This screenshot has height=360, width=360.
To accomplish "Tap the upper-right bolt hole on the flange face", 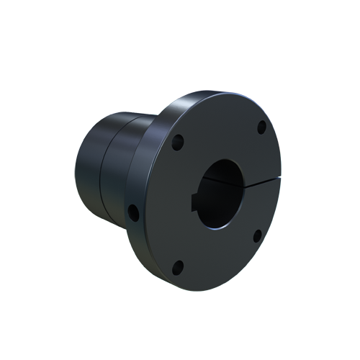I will click(261, 127).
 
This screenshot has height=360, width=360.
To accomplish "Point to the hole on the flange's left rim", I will click(132, 212).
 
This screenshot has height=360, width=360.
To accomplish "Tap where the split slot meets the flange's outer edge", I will click(280, 181).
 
